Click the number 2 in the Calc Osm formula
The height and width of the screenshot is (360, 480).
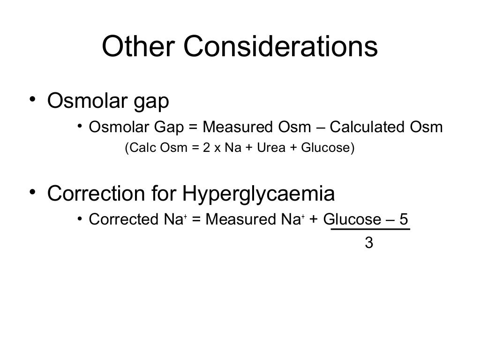[x=206, y=148]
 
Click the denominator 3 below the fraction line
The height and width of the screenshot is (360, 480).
[x=369, y=244]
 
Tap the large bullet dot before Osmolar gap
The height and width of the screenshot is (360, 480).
[x=32, y=100]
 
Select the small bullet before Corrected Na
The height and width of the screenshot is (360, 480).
[x=80, y=219]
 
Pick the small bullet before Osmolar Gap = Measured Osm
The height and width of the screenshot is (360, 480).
[x=80, y=127]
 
